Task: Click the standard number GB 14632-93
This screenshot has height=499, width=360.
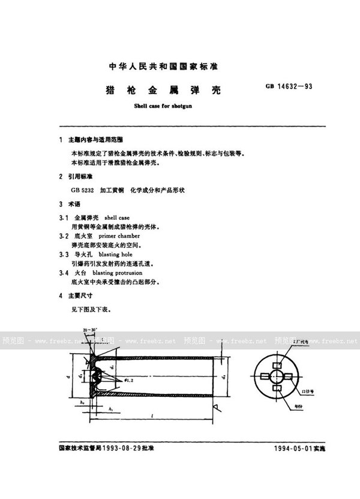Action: [x=289, y=86]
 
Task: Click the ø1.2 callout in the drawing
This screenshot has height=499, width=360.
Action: [x=130, y=380]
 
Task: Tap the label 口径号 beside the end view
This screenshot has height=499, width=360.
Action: [x=325, y=390]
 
